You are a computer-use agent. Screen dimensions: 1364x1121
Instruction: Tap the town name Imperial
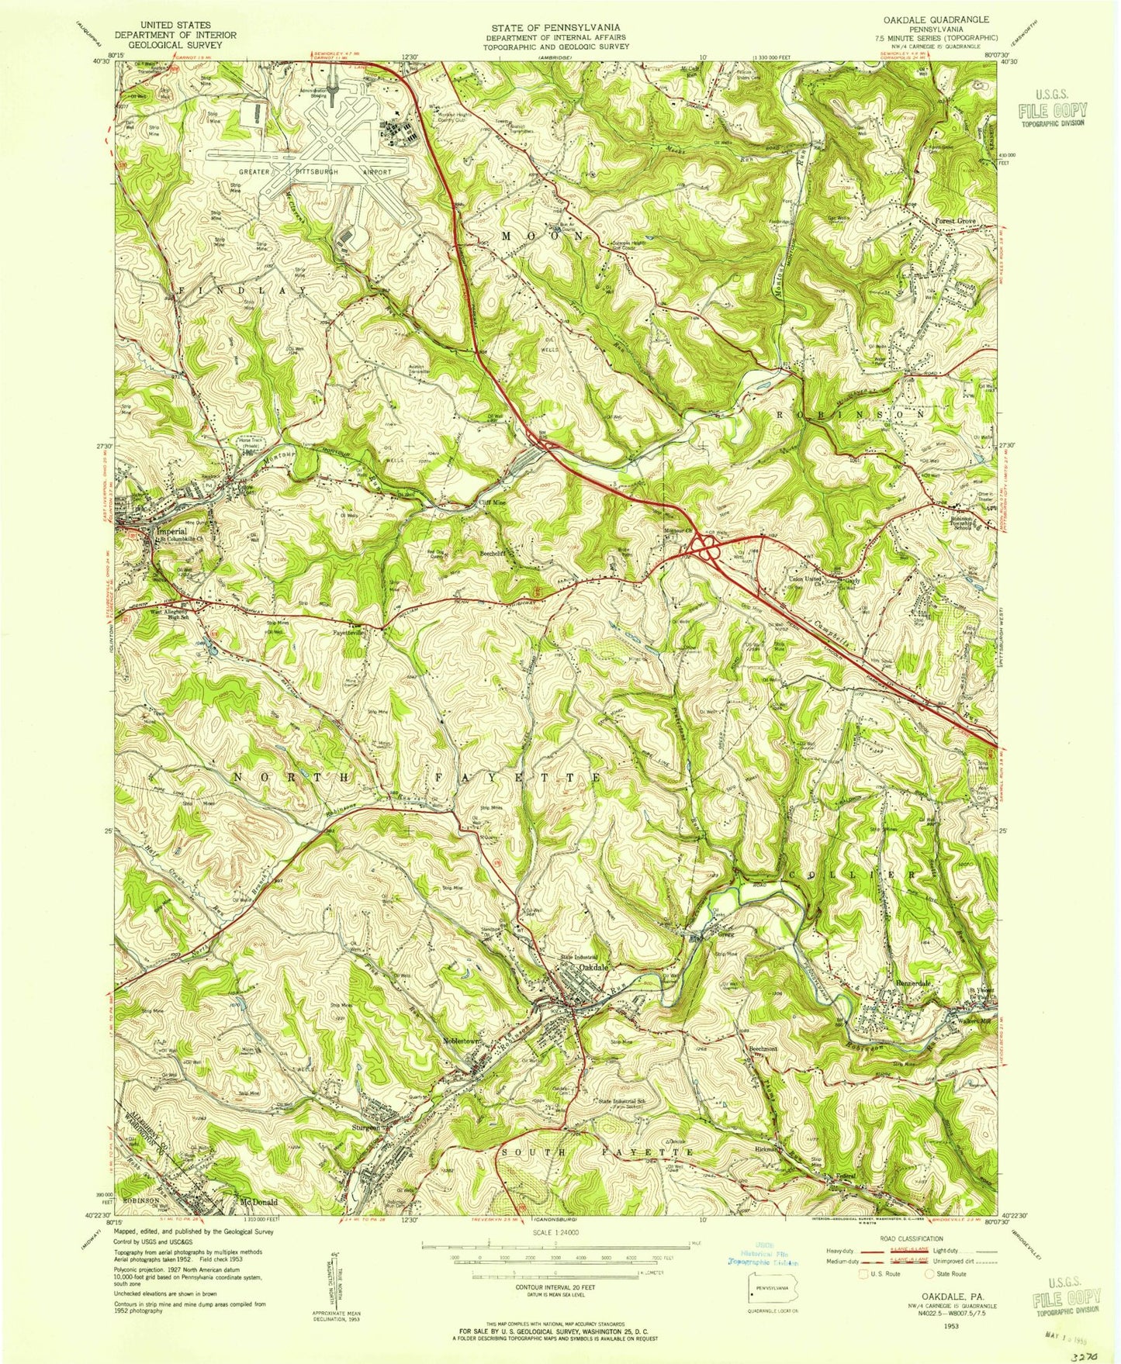[171, 532]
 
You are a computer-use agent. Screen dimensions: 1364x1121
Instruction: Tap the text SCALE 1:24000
[560, 1252]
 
